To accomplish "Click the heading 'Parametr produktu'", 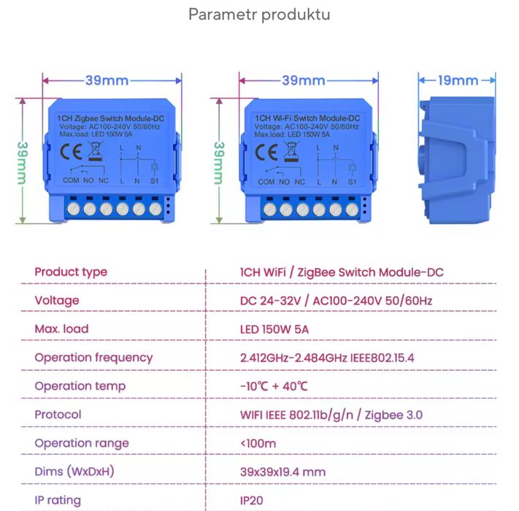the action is coord(259,15).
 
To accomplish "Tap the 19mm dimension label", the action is coord(458,80).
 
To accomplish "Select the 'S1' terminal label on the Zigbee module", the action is coord(154,180).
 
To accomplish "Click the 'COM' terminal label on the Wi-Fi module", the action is coord(266,181).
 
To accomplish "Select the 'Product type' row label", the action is coord(71,272).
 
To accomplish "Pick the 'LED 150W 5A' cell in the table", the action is coord(274,329).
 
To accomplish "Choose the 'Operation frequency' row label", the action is coord(93,358).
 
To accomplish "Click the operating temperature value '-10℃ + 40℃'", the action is coord(274,386).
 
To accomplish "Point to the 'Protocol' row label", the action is coord(58,415).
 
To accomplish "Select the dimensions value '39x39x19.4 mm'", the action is coord(282,472).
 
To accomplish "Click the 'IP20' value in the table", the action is coord(252,501).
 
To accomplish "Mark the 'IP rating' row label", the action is coord(58,501).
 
